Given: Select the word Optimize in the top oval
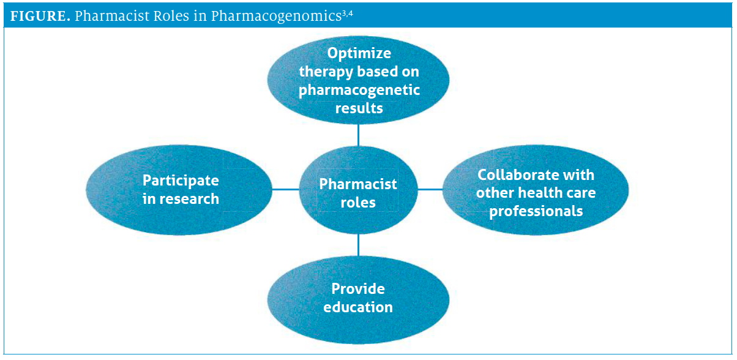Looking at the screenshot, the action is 359,53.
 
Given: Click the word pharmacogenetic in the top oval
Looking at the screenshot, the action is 359,90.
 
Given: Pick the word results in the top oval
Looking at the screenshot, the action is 359,108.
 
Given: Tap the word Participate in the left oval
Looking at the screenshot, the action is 181,181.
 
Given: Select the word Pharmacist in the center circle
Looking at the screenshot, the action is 358,184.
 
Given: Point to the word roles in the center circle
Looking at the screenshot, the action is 358,203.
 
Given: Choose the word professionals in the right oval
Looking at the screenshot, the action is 536,212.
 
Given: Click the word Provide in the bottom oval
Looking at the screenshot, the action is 358,288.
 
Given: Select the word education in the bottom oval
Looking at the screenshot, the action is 358,307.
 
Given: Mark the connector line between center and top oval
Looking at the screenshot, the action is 359,135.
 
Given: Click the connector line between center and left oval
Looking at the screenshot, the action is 285,189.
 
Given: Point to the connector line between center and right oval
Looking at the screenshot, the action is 430,189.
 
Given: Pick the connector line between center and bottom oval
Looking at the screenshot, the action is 359,244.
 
